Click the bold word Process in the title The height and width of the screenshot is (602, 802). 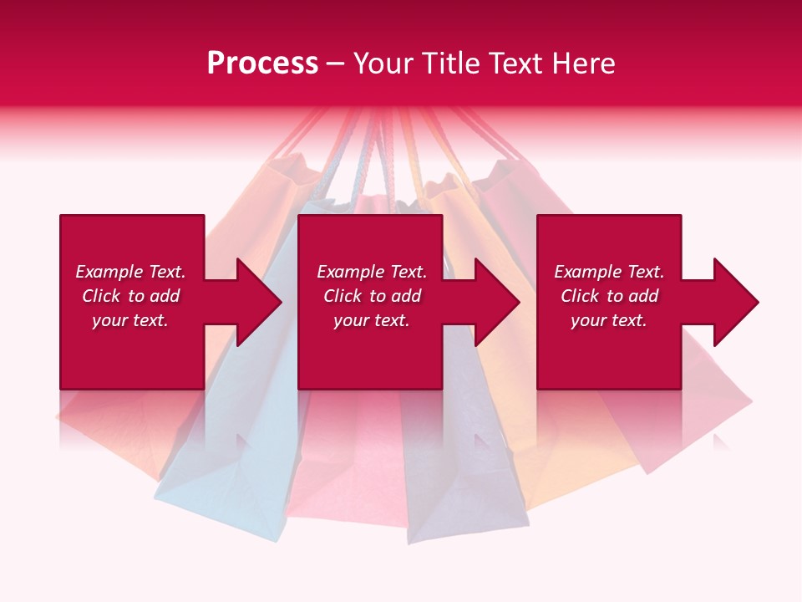click(262, 64)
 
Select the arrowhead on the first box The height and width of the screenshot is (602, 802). click(255, 302)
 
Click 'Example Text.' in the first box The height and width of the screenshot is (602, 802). click(130, 272)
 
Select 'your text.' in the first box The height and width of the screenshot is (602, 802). click(130, 320)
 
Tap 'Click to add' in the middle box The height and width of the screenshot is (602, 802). click(372, 296)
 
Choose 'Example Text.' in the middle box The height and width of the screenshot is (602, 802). click(372, 272)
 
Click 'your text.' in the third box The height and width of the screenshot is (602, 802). click(609, 320)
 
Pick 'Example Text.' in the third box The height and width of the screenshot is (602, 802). click(609, 272)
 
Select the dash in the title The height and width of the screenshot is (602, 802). click(335, 64)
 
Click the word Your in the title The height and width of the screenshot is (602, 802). click(383, 64)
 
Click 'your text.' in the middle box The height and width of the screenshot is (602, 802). click(372, 320)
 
